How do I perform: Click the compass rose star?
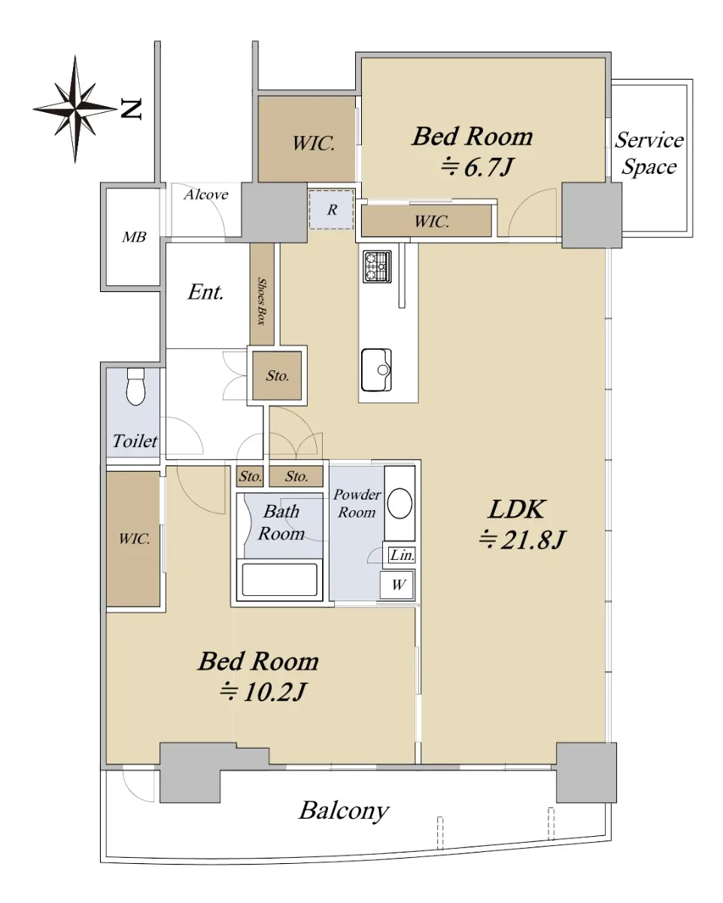(75, 108)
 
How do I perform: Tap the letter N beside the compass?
(132, 109)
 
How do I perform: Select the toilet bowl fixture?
(135, 387)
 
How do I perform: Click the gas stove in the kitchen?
(377, 266)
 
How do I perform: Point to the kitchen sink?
(376, 369)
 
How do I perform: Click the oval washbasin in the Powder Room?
(399, 503)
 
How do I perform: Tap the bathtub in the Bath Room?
(279, 579)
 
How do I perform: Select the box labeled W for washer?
(397, 585)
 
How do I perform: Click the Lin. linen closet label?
(402, 555)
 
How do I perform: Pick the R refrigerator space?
(332, 209)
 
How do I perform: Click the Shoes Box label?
(262, 301)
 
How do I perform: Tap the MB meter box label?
(134, 237)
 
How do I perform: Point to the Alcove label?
(206, 194)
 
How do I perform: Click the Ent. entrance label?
(205, 292)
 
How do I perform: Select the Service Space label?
(649, 154)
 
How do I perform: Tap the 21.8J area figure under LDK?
(522, 540)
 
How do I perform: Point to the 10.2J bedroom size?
(263, 692)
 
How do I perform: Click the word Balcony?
(344, 810)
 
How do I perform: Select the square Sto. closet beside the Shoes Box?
(277, 375)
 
